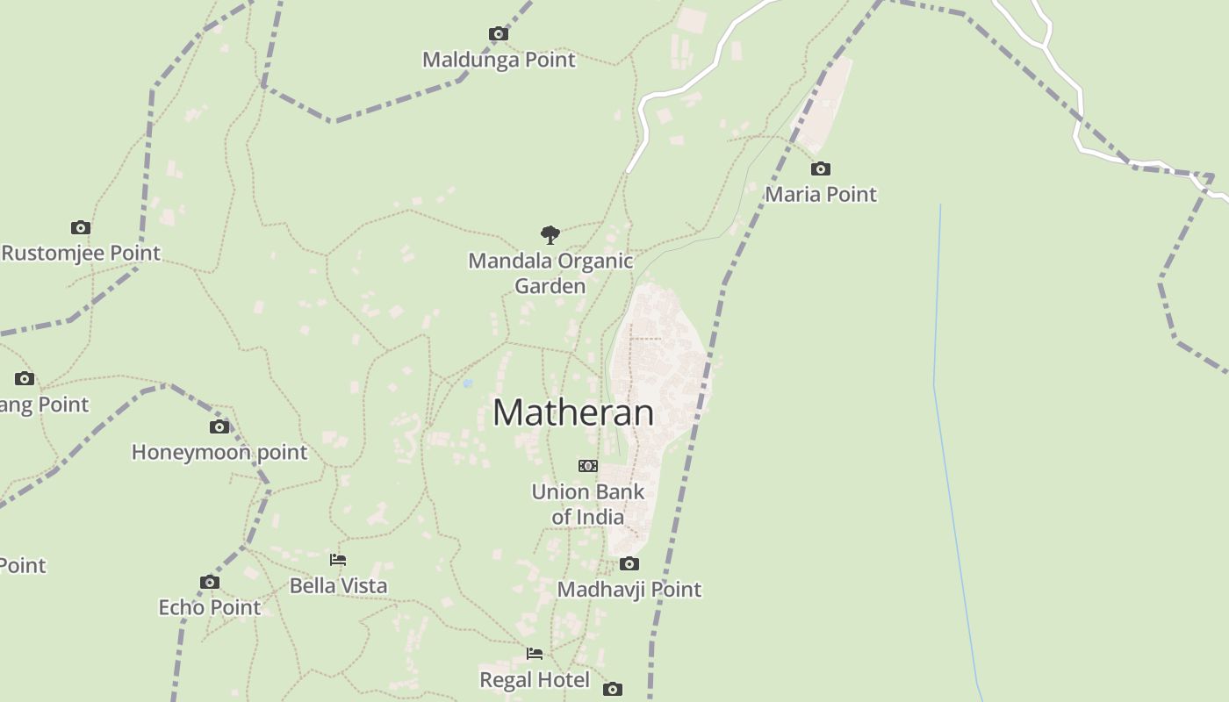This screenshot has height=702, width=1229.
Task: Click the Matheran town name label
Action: click(573, 412)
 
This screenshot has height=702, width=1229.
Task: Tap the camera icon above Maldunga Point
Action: click(499, 34)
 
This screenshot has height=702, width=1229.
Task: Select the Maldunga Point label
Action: click(499, 60)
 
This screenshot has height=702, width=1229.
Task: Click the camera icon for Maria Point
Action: click(820, 168)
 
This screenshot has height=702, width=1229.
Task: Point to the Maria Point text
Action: click(821, 194)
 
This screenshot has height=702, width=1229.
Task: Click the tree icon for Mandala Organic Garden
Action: click(550, 235)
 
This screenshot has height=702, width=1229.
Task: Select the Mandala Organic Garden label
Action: click(550, 273)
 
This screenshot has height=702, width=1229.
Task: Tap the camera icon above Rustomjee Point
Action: click(81, 228)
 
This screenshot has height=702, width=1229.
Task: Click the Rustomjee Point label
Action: click(82, 254)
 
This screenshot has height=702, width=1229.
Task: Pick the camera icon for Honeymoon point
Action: click(219, 427)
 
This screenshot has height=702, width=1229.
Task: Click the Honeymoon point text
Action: click(219, 453)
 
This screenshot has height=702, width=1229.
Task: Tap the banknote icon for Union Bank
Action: click(588, 466)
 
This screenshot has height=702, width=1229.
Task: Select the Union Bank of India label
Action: click(588, 504)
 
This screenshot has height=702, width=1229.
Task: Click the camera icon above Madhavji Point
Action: click(629, 563)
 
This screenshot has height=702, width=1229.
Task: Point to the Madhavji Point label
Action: click(629, 589)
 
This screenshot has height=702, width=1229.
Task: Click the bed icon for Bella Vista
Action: click(338, 560)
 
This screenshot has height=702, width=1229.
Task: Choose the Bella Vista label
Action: click(338, 585)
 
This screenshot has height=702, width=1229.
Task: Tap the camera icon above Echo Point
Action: click(209, 582)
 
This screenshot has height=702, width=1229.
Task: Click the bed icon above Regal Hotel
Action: click(535, 654)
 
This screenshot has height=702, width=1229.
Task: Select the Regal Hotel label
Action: click(535, 679)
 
